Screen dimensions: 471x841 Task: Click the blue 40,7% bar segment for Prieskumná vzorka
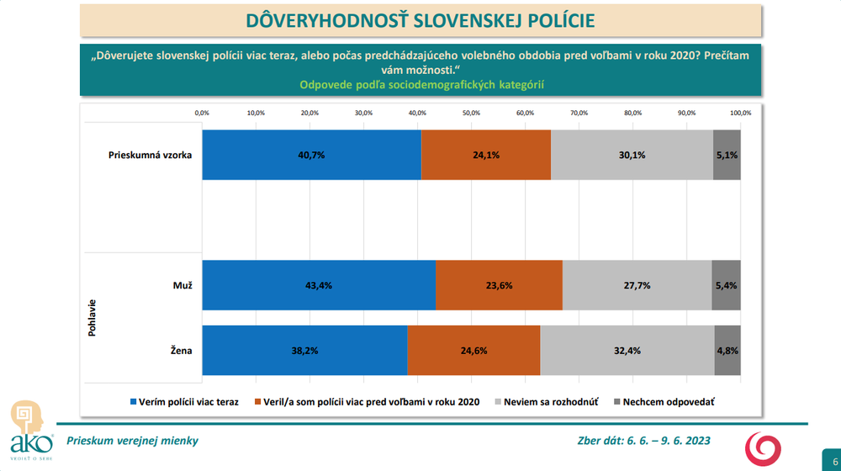311,155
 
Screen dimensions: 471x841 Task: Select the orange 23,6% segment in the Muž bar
499,285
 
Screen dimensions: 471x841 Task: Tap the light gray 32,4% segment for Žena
627,350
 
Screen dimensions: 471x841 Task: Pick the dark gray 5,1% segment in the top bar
727,155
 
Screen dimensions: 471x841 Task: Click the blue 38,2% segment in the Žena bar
304,350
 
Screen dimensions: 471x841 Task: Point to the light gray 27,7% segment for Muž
637,285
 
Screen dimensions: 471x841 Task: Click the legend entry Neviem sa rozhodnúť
550,402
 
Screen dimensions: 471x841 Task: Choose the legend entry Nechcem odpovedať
670,402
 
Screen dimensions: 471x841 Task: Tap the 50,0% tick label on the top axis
471,113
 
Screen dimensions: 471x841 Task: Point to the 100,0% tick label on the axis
740,113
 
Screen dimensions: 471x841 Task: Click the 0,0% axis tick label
202,113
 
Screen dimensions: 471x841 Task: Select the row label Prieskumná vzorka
151,155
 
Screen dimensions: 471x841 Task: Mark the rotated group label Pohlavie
92,318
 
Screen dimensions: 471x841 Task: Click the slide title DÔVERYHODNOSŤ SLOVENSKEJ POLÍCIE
420,19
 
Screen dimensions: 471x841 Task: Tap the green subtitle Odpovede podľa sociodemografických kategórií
420,84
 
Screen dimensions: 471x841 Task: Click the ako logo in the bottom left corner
28,428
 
